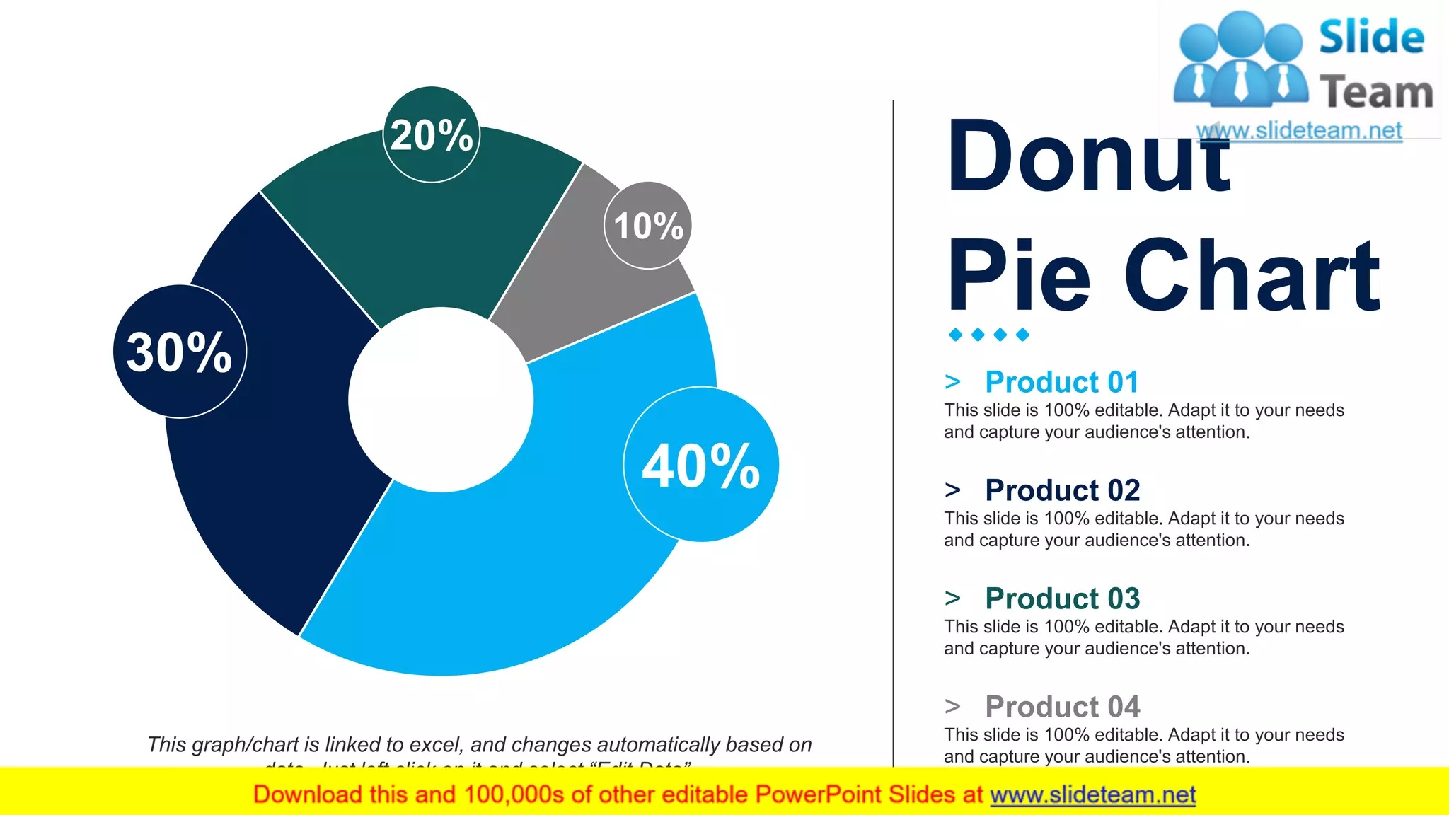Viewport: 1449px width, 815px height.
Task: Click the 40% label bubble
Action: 700,465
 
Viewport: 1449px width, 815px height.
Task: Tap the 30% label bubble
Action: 180,352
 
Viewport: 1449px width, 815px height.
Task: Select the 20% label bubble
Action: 431,134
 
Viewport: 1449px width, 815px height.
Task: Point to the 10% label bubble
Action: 648,226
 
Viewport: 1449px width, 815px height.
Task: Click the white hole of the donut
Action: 441,400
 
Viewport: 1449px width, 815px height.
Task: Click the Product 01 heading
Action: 1062,382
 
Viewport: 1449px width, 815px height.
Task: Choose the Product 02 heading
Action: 1062,490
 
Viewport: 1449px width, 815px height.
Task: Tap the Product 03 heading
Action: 1062,599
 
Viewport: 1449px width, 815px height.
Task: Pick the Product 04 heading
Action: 1062,707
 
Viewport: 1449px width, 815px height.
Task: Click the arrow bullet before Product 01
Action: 952,382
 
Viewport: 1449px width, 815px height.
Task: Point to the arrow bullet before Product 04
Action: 952,707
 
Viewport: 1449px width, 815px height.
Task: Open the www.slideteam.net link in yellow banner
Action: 1092,795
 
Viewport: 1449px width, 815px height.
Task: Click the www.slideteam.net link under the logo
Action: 1299,131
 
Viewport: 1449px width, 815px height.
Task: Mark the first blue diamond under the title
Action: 956,335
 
